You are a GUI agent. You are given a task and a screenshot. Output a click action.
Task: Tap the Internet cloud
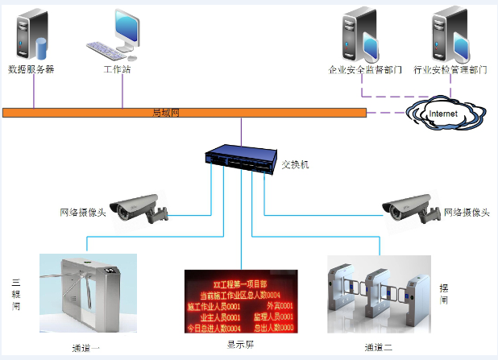tap(442, 114)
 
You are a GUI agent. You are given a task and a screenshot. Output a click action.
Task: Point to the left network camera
tap(139, 206)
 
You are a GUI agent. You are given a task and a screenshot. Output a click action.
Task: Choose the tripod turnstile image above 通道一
tap(88, 293)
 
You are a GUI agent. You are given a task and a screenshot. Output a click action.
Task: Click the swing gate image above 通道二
tap(379, 295)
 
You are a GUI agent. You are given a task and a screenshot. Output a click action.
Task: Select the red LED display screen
tap(240, 302)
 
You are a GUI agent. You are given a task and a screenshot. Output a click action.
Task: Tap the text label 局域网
tap(165, 112)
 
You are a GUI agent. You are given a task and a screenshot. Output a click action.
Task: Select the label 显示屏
tap(240, 345)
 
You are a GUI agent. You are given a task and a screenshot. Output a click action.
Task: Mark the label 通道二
tap(378, 348)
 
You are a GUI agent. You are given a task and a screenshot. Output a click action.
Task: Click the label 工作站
tap(117, 69)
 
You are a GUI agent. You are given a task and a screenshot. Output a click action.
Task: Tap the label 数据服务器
tap(31, 69)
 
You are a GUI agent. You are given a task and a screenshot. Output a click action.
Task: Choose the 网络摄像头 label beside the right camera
tap(467, 212)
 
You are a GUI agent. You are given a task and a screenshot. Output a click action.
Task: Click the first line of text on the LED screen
tap(240, 283)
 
